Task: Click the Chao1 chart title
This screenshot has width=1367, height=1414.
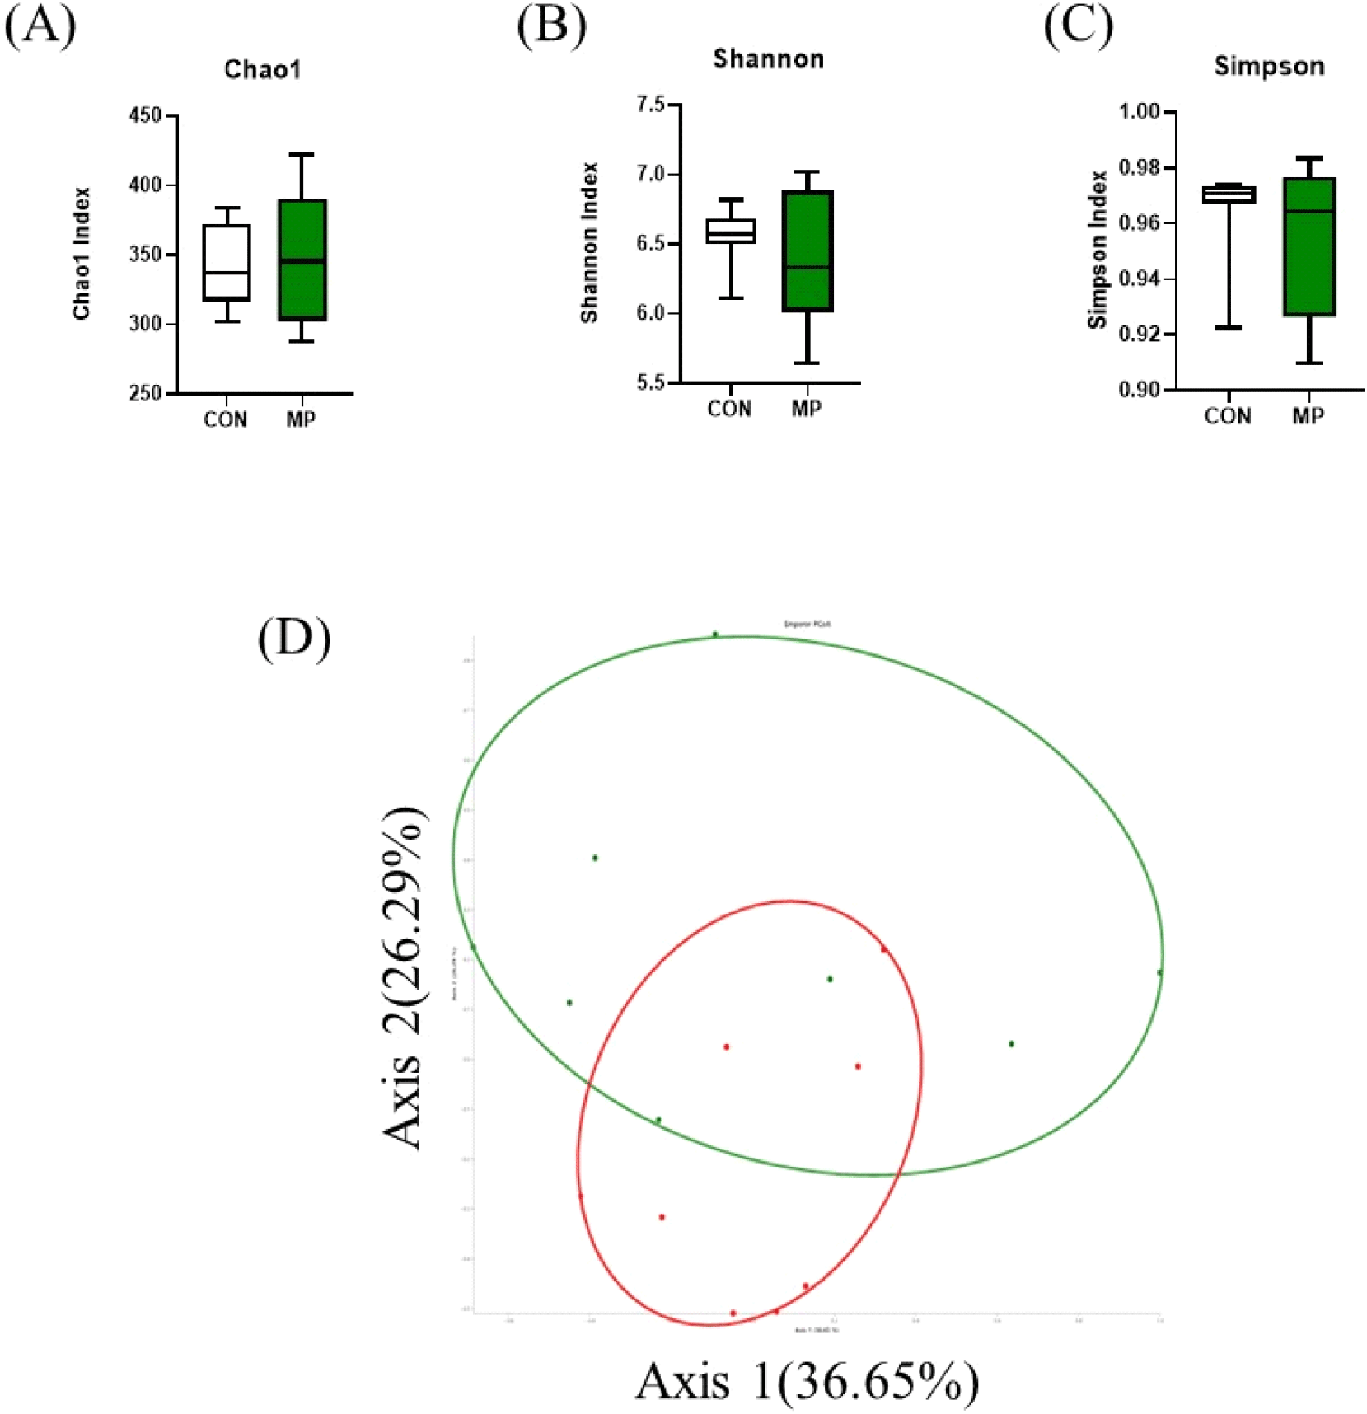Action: tap(263, 69)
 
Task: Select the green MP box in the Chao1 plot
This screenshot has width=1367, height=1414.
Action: tap(302, 260)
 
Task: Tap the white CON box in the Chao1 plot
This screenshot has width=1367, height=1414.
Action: tap(227, 262)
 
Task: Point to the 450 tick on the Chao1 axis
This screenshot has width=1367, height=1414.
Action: tap(146, 115)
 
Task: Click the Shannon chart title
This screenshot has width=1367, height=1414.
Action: tap(768, 59)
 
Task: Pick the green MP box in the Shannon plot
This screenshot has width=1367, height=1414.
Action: tap(808, 250)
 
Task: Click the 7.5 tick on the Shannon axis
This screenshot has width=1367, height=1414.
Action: tap(650, 105)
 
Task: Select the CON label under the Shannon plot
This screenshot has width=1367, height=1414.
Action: tap(729, 409)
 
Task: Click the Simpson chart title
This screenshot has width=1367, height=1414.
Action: tap(1269, 66)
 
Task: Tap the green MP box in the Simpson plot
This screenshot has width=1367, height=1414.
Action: tap(1309, 246)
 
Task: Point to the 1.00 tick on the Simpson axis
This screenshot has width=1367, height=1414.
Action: tap(1139, 111)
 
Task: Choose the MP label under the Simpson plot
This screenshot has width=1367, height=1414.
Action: tap(1308, 416)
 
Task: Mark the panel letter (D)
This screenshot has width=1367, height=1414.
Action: tap(294, 639)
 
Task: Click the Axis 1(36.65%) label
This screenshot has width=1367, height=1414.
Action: tap(807, 1381)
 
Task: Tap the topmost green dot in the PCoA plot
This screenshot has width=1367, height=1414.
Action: tap(715, 634)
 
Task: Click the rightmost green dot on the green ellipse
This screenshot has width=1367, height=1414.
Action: tap(1159, 972)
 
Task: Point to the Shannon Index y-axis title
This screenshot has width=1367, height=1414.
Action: tap(589, 242)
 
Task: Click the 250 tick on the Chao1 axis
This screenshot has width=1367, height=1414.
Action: tap(146, 394)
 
